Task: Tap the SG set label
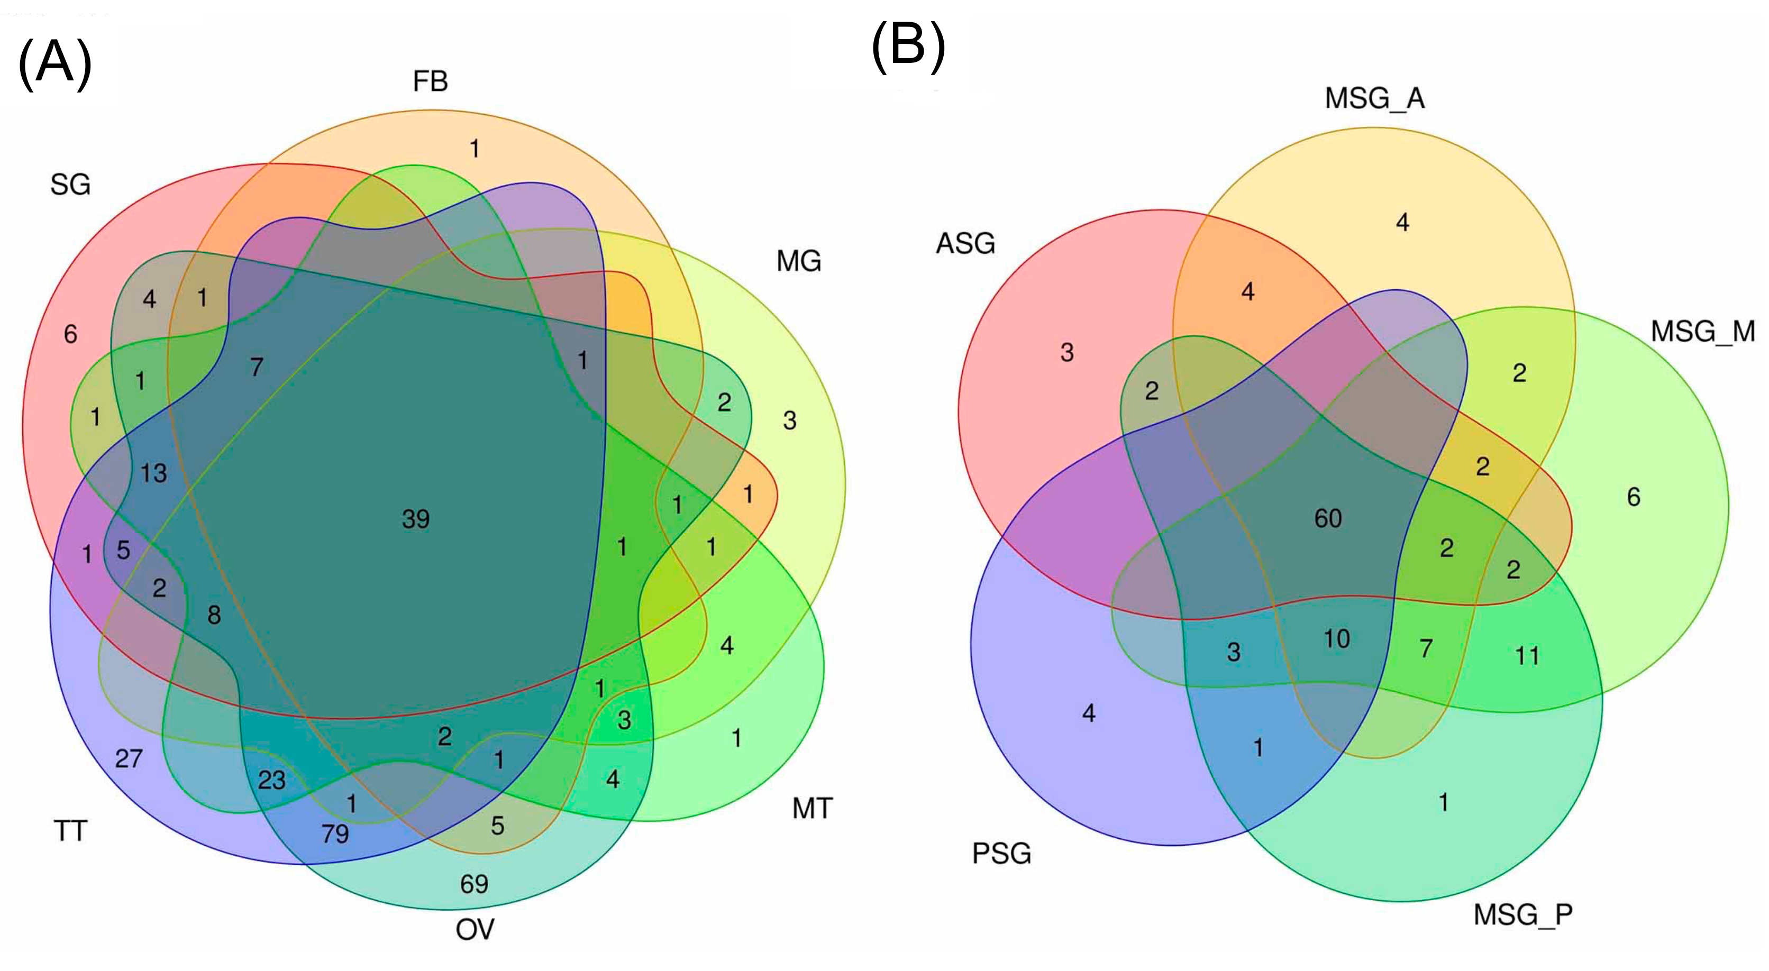coord(70,185)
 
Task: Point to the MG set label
coord(799,261)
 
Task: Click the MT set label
coord(813,808)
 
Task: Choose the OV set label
coord(475,930)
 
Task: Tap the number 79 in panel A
coord(335,833)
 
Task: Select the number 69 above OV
coord(474,884)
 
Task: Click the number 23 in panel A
coord(271,780)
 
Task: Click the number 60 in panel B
coord(1327,518)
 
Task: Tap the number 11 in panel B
coord(1527,656)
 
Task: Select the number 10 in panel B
coord(1336,639)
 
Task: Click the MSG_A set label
coord(1375,99)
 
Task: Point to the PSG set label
coord(1001,854)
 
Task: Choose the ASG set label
coord(965,244)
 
